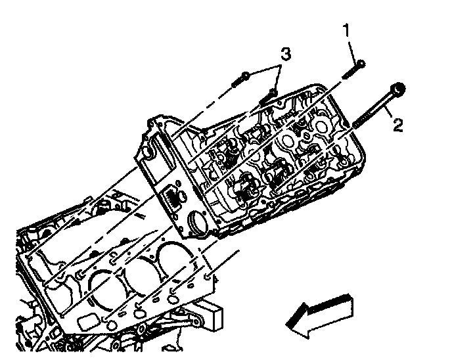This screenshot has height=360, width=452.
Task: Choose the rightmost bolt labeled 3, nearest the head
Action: click(269, 96)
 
